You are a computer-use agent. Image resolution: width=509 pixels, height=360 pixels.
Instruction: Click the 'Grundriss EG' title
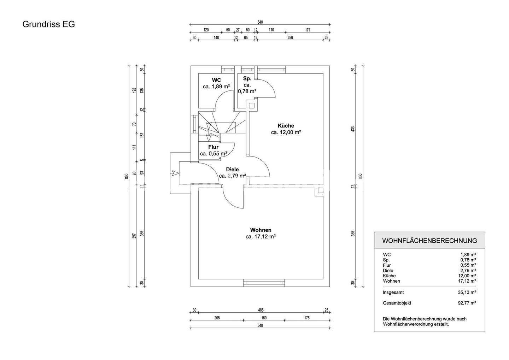(x=48, y=24)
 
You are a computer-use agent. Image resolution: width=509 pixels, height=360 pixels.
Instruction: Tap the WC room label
(x=216, y=80)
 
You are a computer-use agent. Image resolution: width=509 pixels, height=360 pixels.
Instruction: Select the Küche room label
(x=286, y=126)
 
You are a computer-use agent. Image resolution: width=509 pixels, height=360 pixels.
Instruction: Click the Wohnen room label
(x=261, y=230)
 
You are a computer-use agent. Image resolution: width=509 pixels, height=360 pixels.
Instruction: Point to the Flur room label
(x=213, y=147)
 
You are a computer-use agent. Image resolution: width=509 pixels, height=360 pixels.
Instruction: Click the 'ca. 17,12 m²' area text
(x=261, y=237)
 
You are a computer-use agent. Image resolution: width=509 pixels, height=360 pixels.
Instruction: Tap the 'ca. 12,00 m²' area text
(x=286, y=132)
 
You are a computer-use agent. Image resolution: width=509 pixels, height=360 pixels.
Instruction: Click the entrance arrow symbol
(x=175, y=173)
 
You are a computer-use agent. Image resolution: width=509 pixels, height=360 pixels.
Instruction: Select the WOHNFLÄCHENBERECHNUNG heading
(x=429, y=241)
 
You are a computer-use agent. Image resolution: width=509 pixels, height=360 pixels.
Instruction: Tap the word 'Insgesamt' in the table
(x=393, y=292)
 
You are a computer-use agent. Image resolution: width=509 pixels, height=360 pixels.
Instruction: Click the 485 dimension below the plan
(x=261, y=310)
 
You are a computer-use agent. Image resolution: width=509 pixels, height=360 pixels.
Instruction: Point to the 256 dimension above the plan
(x=290, y=38)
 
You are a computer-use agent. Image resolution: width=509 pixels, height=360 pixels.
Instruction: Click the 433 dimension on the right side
(x=352, y=129)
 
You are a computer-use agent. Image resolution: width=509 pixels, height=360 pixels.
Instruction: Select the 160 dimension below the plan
(x=264, y=318)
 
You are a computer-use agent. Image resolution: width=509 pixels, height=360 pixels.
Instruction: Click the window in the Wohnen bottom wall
(x=264, y=282)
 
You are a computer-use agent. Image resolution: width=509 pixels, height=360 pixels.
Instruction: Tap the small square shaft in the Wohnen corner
(x=320, y=191)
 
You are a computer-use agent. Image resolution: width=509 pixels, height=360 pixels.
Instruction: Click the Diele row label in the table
(x=388, y=270)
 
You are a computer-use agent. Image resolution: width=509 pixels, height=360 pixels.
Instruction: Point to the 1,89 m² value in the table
(x=468, y=254)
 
